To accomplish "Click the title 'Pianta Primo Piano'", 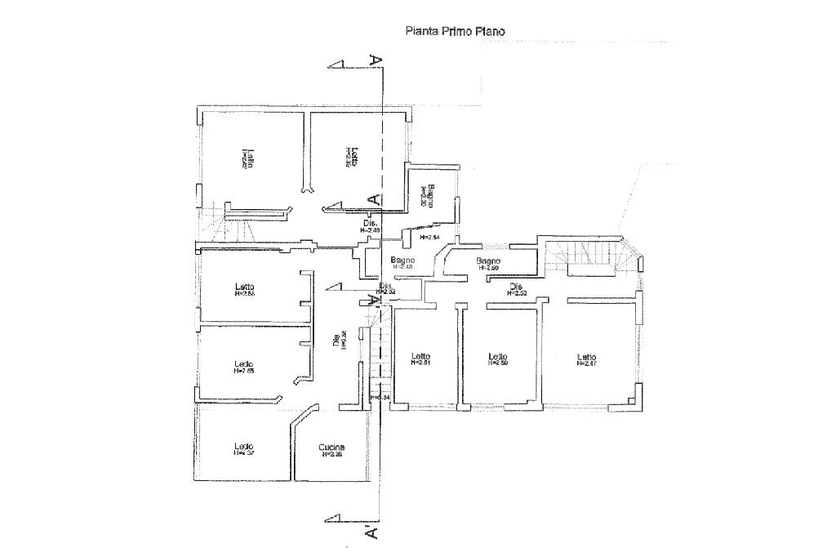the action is (x=456, y=32).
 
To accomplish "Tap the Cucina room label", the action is (x=331, y=447).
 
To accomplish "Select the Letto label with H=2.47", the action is (x=586, y=357).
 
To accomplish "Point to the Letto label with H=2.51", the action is (x=420, y=357).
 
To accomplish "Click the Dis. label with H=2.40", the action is (x=370, y=223).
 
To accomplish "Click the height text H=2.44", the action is (x=429, y=237).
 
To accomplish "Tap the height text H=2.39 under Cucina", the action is (x=331, y=455).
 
